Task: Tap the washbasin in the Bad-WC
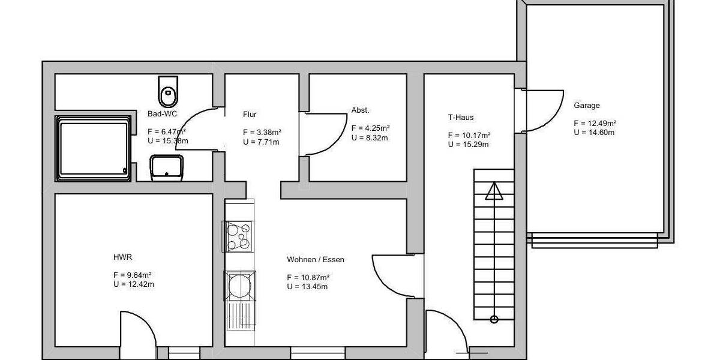[x=167, y=167]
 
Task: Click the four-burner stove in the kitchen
[x=238, y=236]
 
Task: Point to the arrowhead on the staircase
[x=494, y=192]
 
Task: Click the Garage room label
[x=586, y=106]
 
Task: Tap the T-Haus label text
[x=461, y=118]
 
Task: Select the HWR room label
[x=122, y=257]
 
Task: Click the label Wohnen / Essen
[x=316, y=260]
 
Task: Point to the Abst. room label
[x=361, y=110]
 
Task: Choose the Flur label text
[x=250, y=114]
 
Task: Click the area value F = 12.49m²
[x=595, y=124]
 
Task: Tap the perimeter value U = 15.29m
[x=468, y=144]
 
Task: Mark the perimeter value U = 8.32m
[x=370, y=137]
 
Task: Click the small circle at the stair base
[x=494, y=319]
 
